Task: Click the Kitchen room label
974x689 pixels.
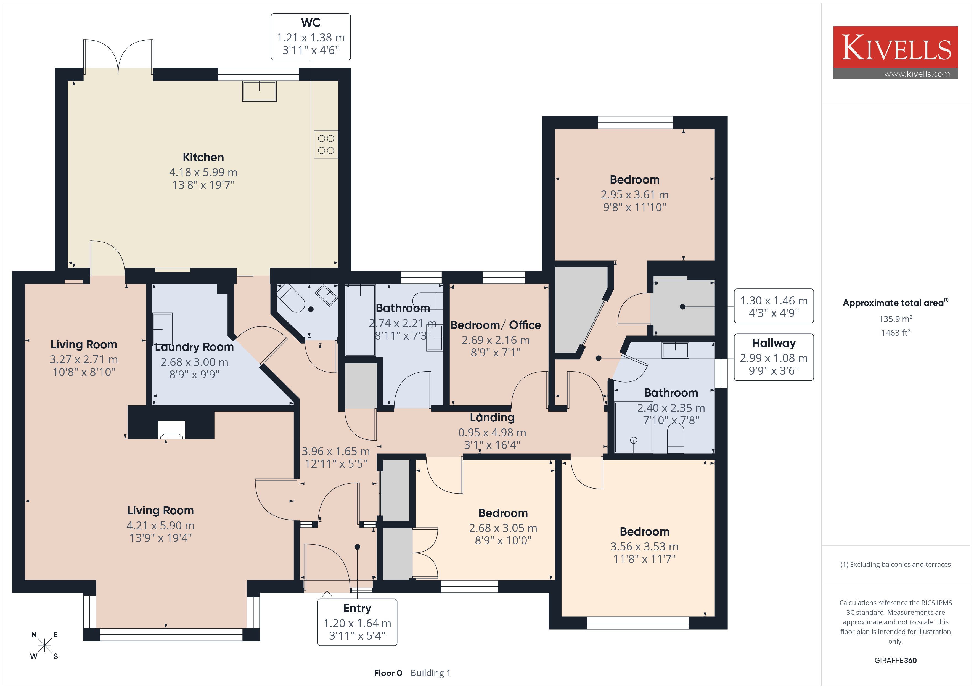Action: coord(203,157)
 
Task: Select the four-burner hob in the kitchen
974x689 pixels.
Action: coord(326,144)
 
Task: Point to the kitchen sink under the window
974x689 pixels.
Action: coord(259,91)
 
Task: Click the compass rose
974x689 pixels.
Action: coord(44,645)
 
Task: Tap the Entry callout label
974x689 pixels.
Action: coord(357,622)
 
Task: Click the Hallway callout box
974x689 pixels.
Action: coord(774,357)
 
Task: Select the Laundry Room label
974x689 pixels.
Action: coord(194,347)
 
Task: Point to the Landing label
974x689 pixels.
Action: coord(492,417)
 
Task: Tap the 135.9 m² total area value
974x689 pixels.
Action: coord(896,319)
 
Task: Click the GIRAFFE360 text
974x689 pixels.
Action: coord(896,660)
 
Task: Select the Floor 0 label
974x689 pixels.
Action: coord(388,673)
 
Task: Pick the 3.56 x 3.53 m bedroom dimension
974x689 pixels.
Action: coord(644,547)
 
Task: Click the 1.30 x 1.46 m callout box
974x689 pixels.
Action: coord(774,306)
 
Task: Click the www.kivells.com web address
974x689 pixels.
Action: coord(917,74)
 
